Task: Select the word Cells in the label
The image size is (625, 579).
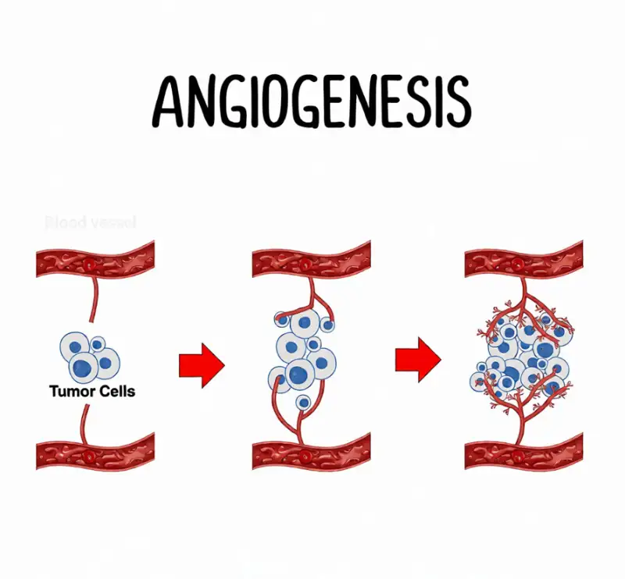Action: pos(114,391)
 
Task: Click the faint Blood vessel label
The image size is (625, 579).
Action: pos(91,222)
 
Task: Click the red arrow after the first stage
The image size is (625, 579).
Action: pos(201,364)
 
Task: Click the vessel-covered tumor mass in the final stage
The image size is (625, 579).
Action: pos(520,355)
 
